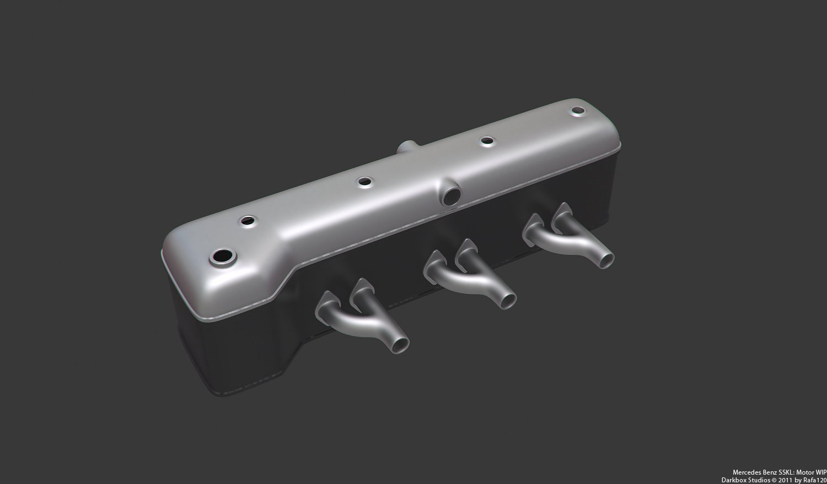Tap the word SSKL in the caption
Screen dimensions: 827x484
781,472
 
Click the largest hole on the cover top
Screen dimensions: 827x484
222,256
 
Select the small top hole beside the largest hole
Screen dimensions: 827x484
248,221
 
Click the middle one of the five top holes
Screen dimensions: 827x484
365,181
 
